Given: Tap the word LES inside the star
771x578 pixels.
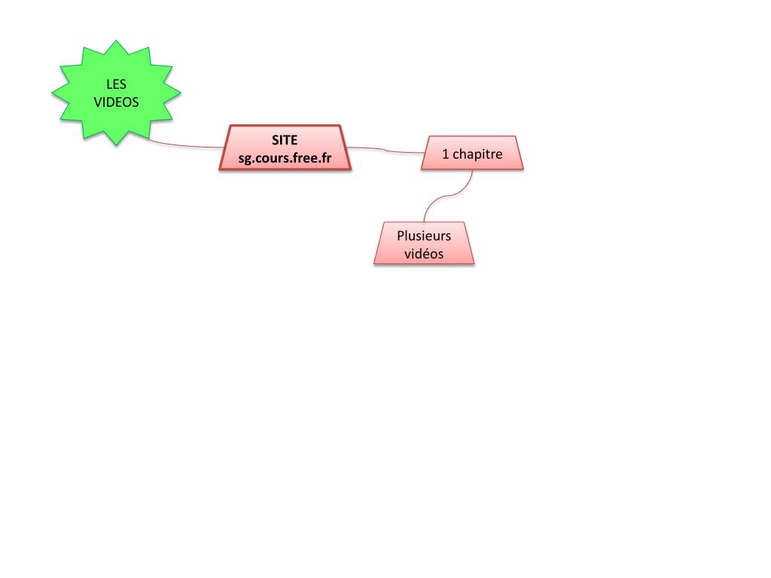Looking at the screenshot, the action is click(x=116, y=85).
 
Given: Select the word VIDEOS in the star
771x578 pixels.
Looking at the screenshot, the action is click(x=116, y=102).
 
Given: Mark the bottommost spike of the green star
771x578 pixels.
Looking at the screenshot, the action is click(x=116, y=143).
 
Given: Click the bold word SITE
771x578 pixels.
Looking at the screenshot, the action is click(x=285, y=140).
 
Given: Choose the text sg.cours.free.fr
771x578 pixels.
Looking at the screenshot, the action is click(x=285, y=158).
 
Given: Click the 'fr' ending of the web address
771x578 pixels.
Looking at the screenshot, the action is click(x=326, y=158).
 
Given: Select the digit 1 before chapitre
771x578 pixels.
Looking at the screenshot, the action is click(x=445, y=154).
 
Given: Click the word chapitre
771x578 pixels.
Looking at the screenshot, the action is click(x=477, y=154).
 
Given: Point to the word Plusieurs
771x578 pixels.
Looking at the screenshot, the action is click(x=424, y=236).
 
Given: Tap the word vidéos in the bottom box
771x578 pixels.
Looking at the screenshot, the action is click(x=424, y=254).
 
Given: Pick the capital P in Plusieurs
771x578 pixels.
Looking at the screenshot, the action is click(x=401, y=236).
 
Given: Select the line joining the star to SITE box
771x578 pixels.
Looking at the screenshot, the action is click(x=188, y=145).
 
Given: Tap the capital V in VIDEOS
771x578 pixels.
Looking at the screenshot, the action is click(x=98, y=102).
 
